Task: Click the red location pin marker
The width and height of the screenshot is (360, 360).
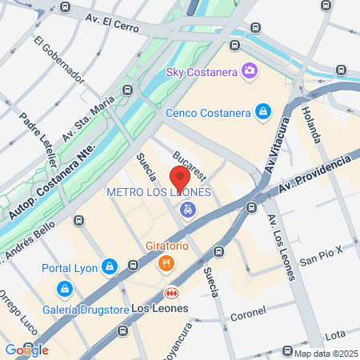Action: pyautogui.click(x=180, y=178)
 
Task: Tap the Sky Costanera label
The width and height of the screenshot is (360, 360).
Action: pyautogui.click(x=203, y=72)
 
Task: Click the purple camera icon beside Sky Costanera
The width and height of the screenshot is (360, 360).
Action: pyautogui.click(x=250, y=72)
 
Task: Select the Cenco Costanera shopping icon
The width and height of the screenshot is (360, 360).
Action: pyautogui.click(x=262, y=112)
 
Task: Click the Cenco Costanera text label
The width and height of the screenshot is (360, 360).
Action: pyautogui.click(x=208, y=113)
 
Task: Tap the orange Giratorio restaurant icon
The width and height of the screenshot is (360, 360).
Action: pyautogui.click(x=166, y=262)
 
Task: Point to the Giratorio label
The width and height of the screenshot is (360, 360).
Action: pyautogui.click(x=166, y=244)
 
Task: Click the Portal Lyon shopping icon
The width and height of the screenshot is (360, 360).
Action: pyautogui.click(x=110, y=266)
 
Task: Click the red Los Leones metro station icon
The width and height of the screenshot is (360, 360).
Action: pyautogui.click(x=170, y=293)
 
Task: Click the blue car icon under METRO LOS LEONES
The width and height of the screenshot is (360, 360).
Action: pyautogui.click(x=187, y=210)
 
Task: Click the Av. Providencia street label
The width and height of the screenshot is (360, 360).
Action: pyautogui.click(x=314, y=175)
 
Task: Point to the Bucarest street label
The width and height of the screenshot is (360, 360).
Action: pyautogui.click(x=190, y=163)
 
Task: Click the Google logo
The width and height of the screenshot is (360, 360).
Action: pyautogui.click(x=26, y=350)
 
